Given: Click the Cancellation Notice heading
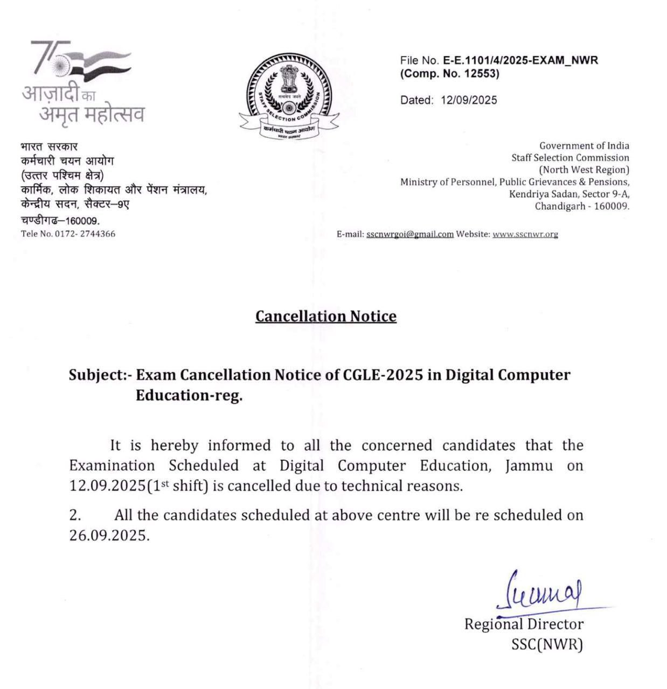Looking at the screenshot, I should [325, 316].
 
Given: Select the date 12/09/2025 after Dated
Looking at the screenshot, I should [468, 100].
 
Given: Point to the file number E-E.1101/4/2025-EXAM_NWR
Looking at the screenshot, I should [520, 60].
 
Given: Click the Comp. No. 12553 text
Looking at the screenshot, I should [449, 74].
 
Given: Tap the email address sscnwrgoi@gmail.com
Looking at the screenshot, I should [409, 234].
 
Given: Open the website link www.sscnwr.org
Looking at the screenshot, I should [525, 234].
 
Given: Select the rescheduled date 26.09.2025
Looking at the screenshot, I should [108, 536].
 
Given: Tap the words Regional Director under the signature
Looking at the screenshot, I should [524, 624].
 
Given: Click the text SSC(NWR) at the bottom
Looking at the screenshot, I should [547, 644].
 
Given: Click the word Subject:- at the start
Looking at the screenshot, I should [100, 375].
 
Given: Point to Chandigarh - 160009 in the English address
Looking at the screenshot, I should [582, 206].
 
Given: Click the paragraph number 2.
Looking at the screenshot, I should [75, 515].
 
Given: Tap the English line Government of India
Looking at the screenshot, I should [584, 146].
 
